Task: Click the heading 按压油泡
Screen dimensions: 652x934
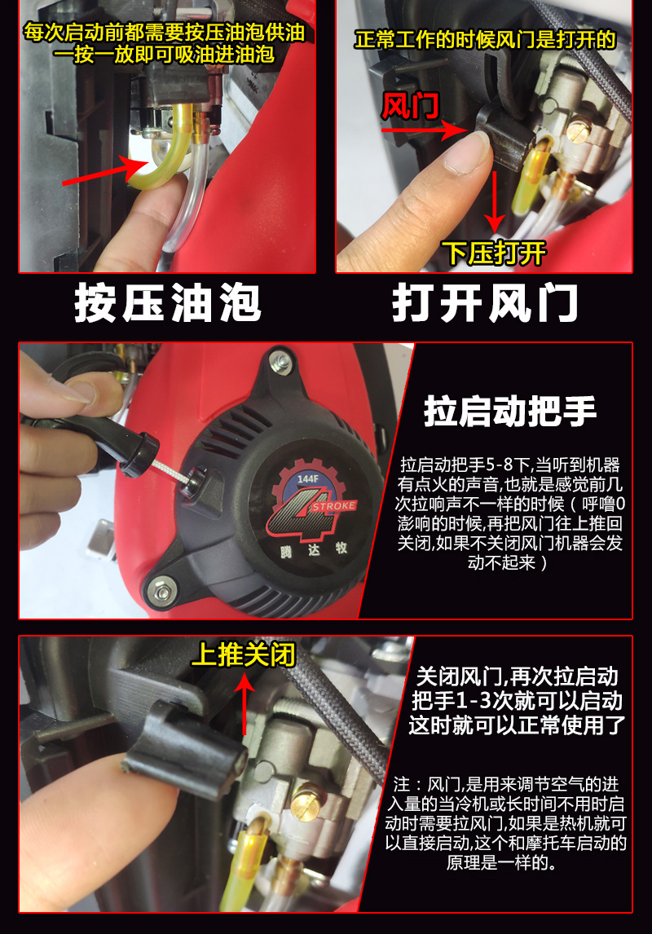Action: pos(167,303)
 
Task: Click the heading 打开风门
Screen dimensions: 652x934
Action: pos(485,303)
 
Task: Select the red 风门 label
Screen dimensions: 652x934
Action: pos(410,106)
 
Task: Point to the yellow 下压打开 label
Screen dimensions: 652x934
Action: pos(494,253)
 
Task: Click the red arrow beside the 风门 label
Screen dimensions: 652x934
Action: pos(423,130)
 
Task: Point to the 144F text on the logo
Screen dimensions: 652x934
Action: pos(307,478)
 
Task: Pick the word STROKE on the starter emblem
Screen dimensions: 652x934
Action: pos(333,506)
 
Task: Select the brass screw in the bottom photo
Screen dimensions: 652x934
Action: pos(308,807)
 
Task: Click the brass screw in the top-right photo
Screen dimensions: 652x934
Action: pos(577,131)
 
